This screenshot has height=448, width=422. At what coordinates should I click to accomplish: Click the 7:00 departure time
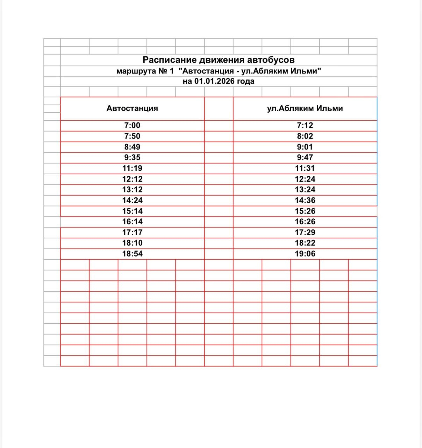click(x=132, y=125)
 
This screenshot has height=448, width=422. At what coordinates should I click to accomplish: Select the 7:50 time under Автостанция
click(x=132, y=136)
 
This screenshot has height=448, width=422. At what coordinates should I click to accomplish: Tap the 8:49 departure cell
click(x=132, y=147)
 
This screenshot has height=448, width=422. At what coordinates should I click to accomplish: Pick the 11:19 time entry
click(x=132, y=168)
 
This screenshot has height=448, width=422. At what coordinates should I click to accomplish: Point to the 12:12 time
click(x=132, y=179)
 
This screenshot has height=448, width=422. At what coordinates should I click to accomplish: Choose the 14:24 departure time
click(x=132, y=201)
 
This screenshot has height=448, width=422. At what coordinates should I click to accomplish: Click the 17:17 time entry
click(x=132, y=232)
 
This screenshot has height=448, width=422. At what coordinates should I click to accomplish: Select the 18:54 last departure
click(x=132, y=254)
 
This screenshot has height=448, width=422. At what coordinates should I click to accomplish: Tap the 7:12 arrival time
click(x=305, y=125)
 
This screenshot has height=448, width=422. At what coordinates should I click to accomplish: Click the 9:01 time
click(x=305, y=147)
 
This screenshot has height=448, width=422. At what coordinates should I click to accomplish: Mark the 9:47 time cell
click(x=305, y=157)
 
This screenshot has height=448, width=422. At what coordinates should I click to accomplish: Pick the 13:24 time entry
click(x=305, y=190)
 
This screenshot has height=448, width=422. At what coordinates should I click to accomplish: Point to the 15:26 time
click(x=305, y=211)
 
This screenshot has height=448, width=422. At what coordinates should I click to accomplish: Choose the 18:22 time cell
click(x=305, y=243)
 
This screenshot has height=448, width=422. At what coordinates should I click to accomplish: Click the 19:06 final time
click(x=305, y=254)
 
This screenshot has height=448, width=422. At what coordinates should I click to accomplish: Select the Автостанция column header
click(x=132, y=108)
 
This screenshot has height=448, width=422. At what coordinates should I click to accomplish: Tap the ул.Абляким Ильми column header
click(x=305, y=108)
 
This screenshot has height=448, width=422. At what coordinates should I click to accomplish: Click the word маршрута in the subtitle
click(x=136, y=71)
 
